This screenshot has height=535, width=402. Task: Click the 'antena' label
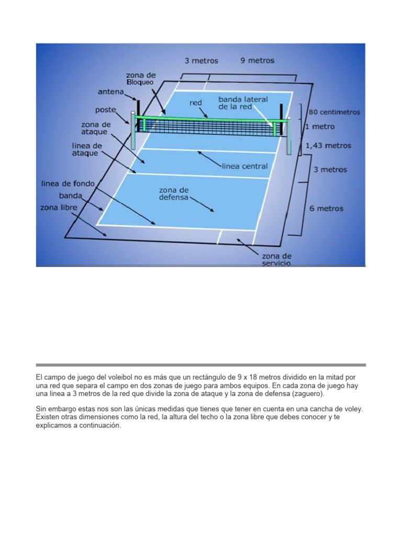(110, 92)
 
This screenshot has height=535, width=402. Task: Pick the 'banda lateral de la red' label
(243, 103)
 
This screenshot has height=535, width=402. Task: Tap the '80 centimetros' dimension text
(334, 112)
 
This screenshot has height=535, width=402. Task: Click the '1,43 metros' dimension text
(331, 146)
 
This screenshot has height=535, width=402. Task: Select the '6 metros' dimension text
(326, 208)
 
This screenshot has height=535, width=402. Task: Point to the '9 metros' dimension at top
(257, 61)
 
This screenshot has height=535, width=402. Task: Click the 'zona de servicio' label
(276, 260)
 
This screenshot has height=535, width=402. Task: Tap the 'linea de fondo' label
(68, 183)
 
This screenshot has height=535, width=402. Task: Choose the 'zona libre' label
(59, 207)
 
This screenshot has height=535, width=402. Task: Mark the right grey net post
(288, 137)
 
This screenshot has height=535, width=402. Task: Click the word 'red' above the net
(196, 103)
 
